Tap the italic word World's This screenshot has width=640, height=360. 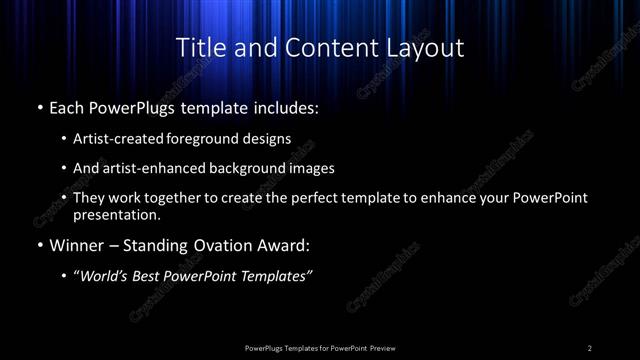pyautogui.click(x=103, y=276)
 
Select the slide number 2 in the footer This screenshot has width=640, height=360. pyautogui.click(x=590, y=347)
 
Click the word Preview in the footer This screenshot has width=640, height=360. pyautogui.click(x=382, y=347)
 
